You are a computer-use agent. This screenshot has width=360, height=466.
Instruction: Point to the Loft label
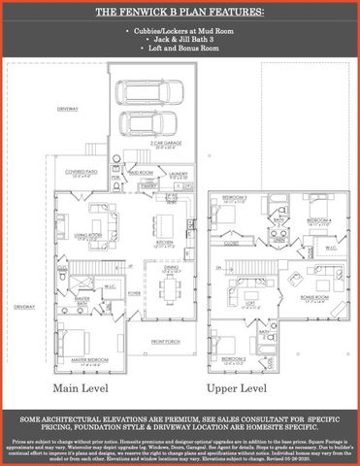(248, 302)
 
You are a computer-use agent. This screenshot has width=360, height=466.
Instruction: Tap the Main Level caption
(81, 387)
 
